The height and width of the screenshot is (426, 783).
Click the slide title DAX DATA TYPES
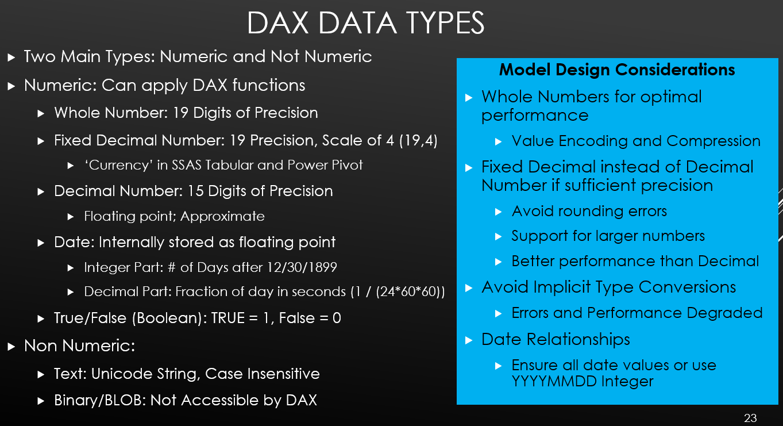[365, 23]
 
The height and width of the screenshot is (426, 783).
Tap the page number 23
[750, 417]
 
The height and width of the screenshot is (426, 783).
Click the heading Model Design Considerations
[617, 70]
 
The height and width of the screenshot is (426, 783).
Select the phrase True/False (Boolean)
[127, 318]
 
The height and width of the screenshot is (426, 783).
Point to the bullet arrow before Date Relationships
[469, 340]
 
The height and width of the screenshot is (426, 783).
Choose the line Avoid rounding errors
[589, 211]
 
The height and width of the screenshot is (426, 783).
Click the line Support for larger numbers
[608, 236]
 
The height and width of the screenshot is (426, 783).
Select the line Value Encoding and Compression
[636, 141]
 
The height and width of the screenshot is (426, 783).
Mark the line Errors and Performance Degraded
[637, 313]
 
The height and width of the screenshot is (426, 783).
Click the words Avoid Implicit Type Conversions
[608, 287]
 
